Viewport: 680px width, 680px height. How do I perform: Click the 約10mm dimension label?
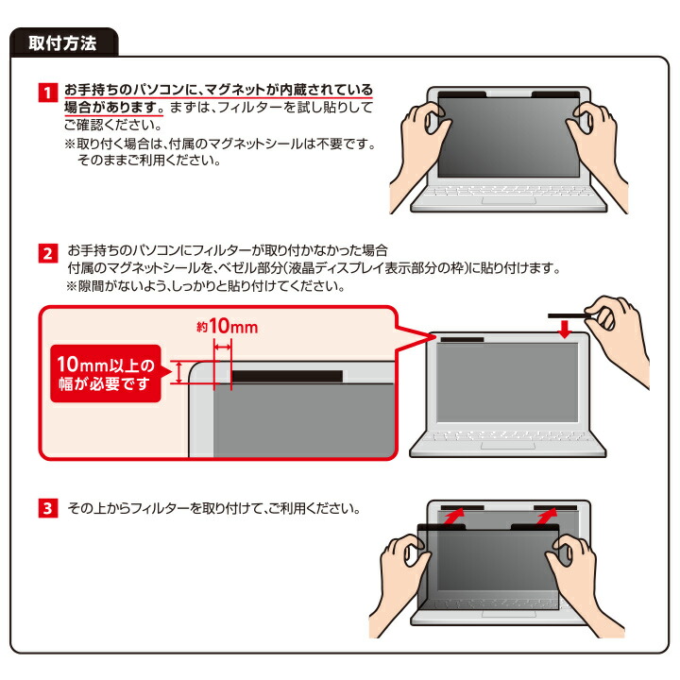pyautogui.click(x=223, y=327)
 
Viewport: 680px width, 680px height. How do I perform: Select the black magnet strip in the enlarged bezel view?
pyautogui.click(x=288, y=376)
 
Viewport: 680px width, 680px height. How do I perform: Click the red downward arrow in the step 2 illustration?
pyautogui.click(x=564, y=329)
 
